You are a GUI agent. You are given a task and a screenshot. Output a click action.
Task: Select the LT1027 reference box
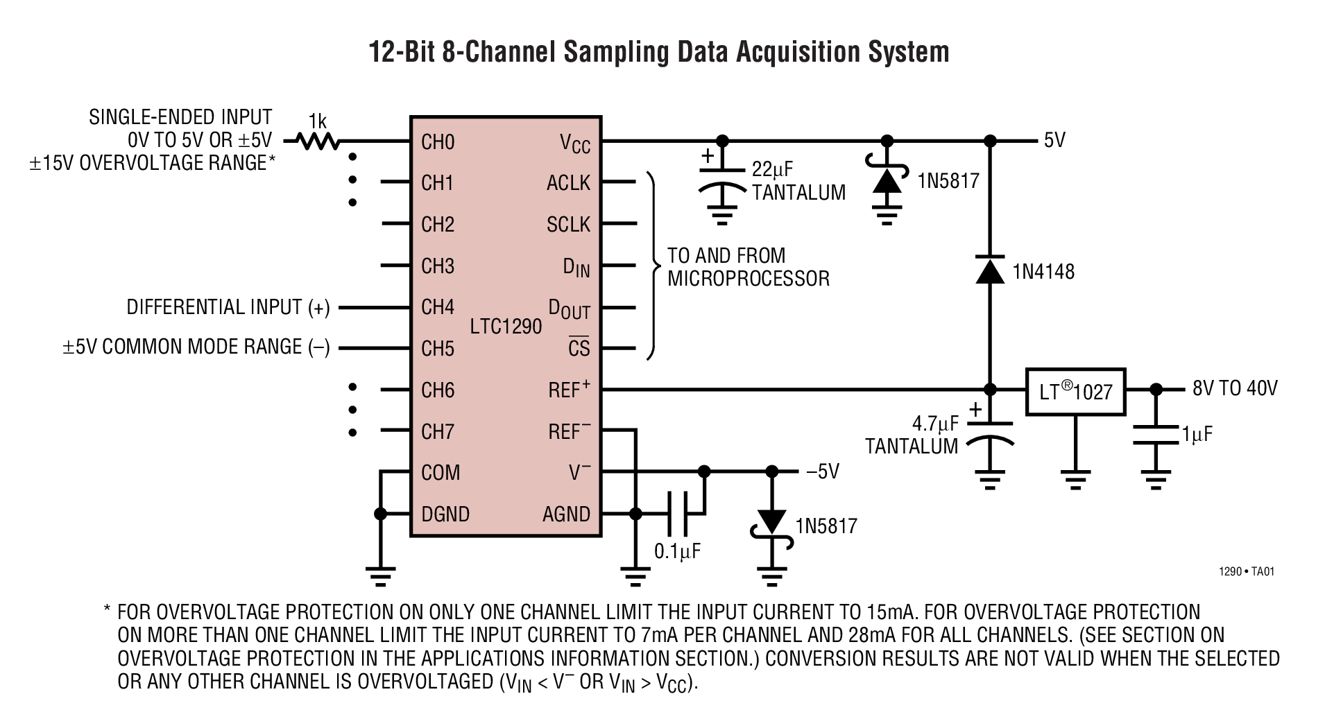[x=1075, y=392]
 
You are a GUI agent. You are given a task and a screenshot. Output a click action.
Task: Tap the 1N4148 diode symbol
[x=989, y=270]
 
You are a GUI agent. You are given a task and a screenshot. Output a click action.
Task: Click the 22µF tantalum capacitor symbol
[x=721, y=179]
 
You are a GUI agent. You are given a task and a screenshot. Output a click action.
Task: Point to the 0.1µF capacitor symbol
[x=676, y=514]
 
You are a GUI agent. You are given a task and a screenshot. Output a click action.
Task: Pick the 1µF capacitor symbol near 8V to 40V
[x=1155, y=435]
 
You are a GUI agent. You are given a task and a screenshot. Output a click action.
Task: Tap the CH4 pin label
[x=438, y=307]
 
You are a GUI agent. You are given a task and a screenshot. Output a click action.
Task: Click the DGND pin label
[x=445, y=514]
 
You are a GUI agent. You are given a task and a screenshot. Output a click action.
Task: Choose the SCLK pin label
[x=568, y=225]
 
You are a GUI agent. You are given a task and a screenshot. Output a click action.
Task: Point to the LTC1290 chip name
[x=505, y=326]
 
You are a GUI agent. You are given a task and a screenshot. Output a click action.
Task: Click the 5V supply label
[x=1054, y=141]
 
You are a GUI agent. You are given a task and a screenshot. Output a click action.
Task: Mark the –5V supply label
[x=822, y=472]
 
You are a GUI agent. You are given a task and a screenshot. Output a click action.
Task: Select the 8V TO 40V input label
[x=1234, y=388]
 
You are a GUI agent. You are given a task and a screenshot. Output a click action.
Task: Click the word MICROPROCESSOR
[x=748, y=279]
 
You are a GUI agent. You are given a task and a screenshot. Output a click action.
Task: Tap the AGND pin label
[x=566, y=514]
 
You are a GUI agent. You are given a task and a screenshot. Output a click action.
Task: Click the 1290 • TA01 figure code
[x=1246, y=572]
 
